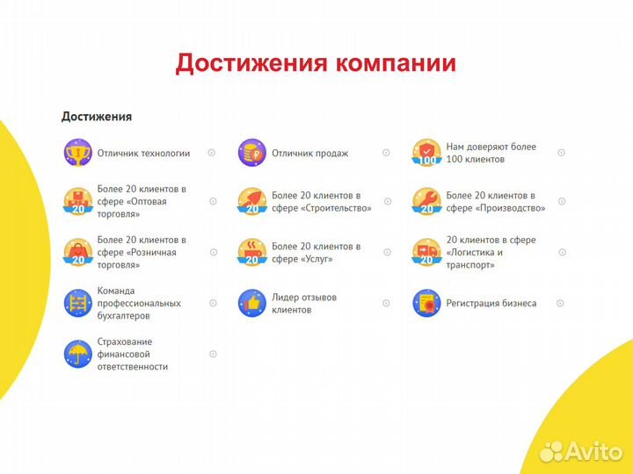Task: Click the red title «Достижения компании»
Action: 316,63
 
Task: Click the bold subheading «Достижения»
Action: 97,116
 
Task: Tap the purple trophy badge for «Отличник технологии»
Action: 77,153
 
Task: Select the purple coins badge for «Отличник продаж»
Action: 251,153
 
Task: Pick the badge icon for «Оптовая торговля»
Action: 77,201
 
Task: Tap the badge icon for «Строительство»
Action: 251,201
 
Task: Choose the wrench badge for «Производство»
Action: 426,201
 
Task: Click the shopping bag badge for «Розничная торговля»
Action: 77,252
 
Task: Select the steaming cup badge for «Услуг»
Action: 251,252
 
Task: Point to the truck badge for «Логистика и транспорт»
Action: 426,252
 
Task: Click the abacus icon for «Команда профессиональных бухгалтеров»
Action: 77,303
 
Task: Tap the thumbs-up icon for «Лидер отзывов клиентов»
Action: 251,303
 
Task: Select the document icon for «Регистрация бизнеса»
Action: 426,303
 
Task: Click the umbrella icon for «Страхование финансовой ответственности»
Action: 77,354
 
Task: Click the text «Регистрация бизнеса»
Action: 491,304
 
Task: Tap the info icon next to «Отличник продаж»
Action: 386,153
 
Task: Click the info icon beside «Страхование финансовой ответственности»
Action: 213,354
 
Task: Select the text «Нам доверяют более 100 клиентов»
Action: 491,153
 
